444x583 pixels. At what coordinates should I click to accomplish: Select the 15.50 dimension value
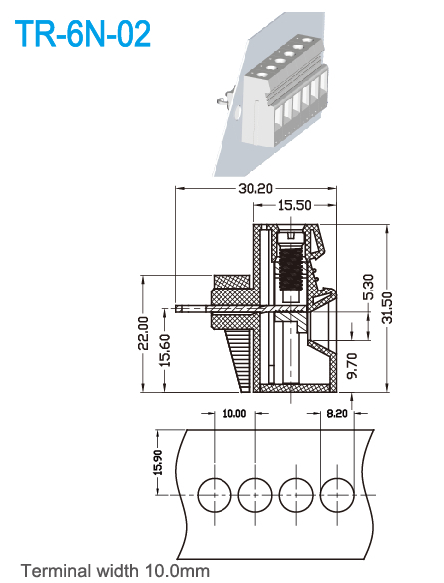pos(295,205)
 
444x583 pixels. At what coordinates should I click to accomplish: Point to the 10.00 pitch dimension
pos(233,412)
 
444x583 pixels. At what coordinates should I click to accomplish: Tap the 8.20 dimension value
pos(337,412)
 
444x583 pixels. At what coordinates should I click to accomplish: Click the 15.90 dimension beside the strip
pos(157,460)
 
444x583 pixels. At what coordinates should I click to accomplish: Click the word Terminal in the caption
pos(56,571)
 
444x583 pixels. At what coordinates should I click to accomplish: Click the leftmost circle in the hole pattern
pos(215,492)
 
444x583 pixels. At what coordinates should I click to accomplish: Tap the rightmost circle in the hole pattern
pos(337,492)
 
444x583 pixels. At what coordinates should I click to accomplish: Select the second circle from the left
pos(255,492)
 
